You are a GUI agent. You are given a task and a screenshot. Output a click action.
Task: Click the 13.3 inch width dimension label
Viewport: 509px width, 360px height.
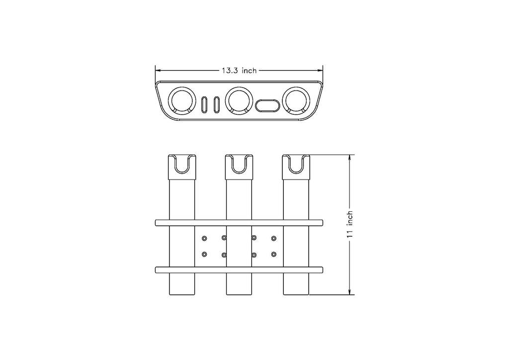[x=239, y=71]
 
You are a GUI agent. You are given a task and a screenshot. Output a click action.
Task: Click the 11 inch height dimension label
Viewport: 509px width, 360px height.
[x=349, y=225]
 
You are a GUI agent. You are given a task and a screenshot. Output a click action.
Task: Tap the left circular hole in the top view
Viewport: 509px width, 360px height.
[x=182, y=100]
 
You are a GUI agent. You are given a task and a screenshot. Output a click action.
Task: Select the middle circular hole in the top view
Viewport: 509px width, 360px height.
[x=239, y=100]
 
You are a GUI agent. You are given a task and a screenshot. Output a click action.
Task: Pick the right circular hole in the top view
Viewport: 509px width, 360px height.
[x=296, y=100]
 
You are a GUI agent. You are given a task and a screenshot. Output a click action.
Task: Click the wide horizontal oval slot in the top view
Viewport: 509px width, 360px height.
[x=267, y=106]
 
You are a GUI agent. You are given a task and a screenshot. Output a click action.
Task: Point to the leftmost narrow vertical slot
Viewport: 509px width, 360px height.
[x=204, y=105]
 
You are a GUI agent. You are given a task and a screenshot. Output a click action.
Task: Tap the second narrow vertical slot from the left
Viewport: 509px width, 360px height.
[x=216, y=105]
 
